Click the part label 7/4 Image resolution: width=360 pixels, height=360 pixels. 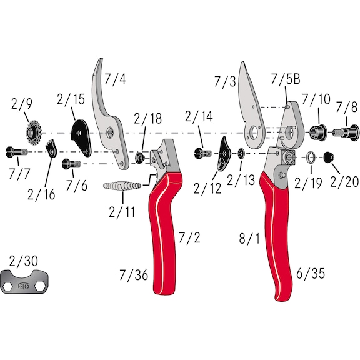pos(114,79)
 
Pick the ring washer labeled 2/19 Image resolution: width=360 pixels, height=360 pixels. pos(311,158)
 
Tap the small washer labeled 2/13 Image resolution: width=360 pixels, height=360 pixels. pos(241,155)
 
